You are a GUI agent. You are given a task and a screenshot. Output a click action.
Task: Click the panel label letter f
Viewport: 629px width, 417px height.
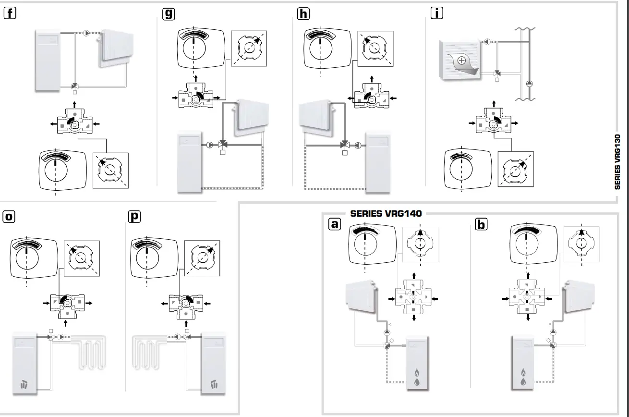(x=10, y=14)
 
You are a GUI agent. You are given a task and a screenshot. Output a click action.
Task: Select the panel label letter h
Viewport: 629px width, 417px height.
(x=303, y=14)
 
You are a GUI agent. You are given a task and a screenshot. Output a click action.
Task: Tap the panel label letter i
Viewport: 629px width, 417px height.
(x=436, y=14)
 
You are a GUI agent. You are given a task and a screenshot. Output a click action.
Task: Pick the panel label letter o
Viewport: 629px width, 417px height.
(x=9, y=217)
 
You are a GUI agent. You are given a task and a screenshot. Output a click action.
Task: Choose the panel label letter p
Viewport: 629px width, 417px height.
(x=134, y=217)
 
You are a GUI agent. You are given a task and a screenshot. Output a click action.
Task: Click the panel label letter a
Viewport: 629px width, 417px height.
(x=335, y=224)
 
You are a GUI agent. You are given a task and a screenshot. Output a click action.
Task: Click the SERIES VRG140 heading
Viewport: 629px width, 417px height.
(x=386, y=213)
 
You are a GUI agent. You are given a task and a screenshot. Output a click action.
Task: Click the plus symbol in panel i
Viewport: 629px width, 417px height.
(x=461, y=61)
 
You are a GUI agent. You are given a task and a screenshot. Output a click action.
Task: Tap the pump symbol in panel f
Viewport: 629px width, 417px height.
(x=86, y=33)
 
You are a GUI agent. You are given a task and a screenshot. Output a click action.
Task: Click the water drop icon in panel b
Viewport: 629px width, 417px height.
(x=523, y=382)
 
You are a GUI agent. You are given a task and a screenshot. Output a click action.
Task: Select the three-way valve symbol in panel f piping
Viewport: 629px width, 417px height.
(x=74, y=86)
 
